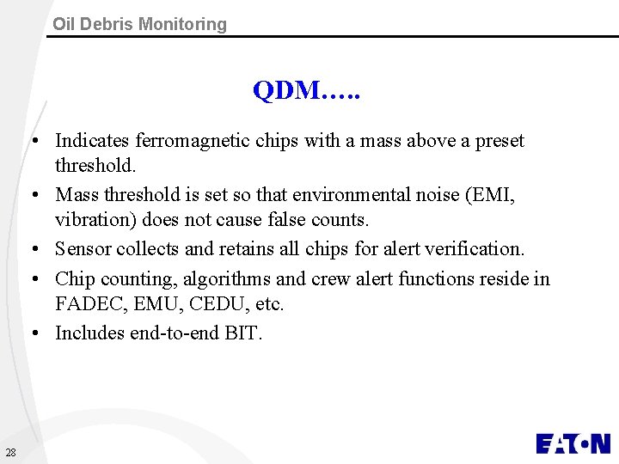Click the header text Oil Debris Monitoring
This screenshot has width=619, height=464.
click(x=139, y=24)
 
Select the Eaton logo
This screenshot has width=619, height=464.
click(x=573, y=443)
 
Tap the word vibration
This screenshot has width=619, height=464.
click(x=92, y=220)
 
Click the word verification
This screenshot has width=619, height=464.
click(x=481, y=249)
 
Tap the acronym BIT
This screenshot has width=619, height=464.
click(x=242, y=333)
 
